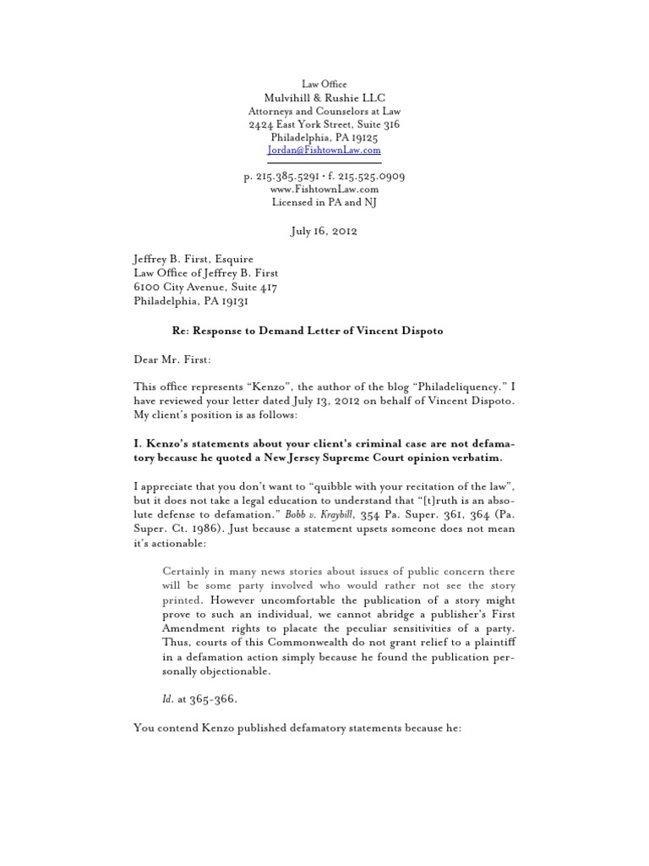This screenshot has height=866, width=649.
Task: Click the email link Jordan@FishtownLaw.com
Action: (324, 150)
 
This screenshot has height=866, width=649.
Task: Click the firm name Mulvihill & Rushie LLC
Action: (324, 98)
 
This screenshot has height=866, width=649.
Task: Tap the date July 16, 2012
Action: (324, 231)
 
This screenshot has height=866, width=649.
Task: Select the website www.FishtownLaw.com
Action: (324, 190)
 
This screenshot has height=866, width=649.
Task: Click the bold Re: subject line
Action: (303, 330)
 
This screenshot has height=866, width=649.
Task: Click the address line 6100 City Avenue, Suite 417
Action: (206, 287)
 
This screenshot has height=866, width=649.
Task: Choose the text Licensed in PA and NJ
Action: (324, 204)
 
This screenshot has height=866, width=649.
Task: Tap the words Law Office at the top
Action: (324, 84)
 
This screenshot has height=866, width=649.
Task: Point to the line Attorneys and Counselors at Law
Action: (324, 112)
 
